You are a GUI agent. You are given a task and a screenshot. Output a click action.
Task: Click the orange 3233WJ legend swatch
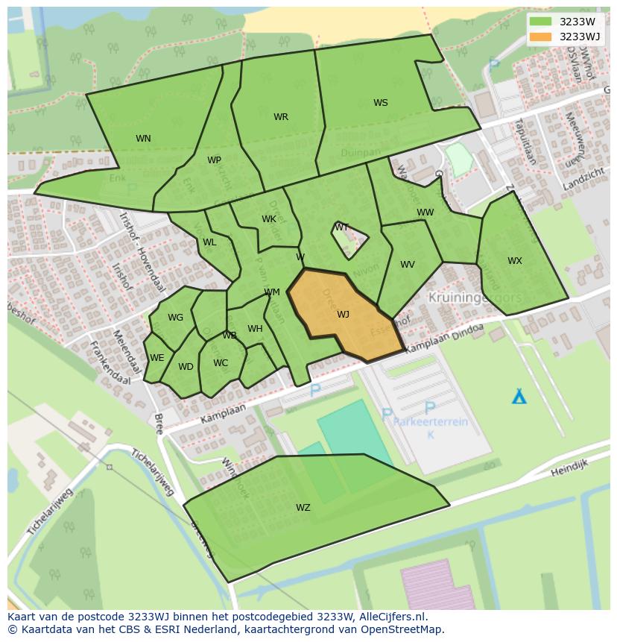(540, 37)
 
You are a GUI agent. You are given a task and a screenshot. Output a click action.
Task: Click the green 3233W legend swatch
(540, 22)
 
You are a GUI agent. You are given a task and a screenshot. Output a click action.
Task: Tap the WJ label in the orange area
(343, 315)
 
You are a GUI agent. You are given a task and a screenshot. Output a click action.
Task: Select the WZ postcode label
(303, 508)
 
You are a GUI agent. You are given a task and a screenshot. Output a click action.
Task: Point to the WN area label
(143, 139)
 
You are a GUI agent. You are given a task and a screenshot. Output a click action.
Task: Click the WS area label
(380, 103)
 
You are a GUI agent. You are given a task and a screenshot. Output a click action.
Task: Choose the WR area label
(280, 117)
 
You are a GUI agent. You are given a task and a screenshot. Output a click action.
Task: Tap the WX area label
(514, 261)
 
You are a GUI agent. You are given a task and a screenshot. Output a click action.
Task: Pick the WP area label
(214, 160)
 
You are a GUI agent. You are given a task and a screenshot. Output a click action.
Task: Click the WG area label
(175, 318)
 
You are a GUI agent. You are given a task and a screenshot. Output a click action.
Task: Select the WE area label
(156, 358)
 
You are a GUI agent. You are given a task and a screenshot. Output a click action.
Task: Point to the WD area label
(186, 367)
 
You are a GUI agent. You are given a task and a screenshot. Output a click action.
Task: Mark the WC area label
(221, 364)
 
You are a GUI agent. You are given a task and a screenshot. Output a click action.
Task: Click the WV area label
(407, 265)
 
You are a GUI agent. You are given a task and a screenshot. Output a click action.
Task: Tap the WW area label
(425, 213)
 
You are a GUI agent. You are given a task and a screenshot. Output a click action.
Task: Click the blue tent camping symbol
(519, 396)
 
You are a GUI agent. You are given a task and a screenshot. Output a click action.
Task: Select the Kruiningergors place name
(475, 298)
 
